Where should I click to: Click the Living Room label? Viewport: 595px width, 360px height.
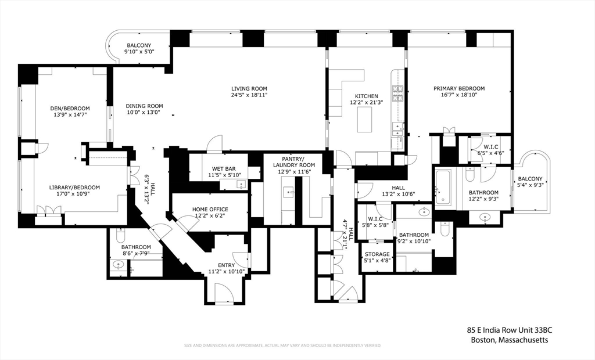click(x=249, y=88)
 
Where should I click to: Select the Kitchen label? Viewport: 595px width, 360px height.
click(x=367, y=96)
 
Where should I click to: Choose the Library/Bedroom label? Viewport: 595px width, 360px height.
click(x=74, y=188)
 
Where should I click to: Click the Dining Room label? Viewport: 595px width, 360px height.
click(x=144, y=106)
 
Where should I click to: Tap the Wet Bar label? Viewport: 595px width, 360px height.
click(x=223, y=168)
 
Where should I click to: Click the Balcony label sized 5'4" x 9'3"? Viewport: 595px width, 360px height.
click(x=529, y=179)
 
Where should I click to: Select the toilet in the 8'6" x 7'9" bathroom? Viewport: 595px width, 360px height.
click(x=120, y=236)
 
